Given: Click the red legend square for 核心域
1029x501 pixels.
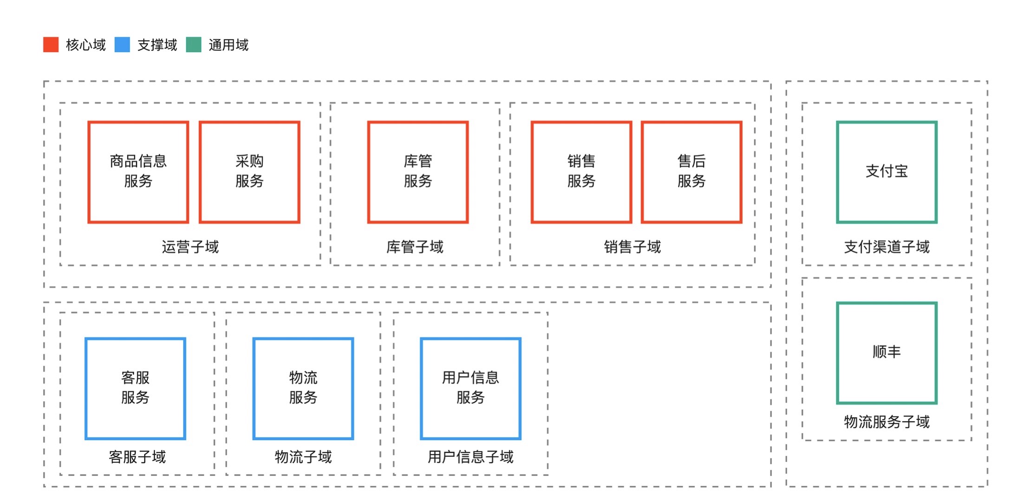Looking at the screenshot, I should pyautogui.click(x=51, y=45).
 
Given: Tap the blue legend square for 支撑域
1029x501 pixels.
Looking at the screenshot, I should pyautogui.click(x=122, y=45).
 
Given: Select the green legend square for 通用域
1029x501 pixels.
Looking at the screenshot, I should pyautogui.click(x=194, y=45).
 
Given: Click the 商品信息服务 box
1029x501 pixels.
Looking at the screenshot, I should pyautogui.click(x=138, y=172).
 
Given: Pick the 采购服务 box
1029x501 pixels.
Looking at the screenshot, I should pyautogui.click(x=249, y=172).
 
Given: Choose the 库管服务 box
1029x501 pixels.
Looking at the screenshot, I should pyautogui.click(x=417, y=172).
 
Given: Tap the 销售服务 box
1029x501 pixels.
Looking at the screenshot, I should pyautogui.click(x=581, y=172).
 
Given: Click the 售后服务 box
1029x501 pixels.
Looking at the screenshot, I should pyautogui.click(x=691, y=172).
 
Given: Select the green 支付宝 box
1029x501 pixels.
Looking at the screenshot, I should pyautogui.click(x=886, y=172).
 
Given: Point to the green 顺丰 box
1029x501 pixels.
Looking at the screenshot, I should pyautogui.click(x=886, y=353).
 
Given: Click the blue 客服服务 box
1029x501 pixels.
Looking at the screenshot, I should pyautogui.click(x=135, y=388).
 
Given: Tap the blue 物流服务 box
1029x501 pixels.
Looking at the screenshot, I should pyautogui.click(x=303, y=388).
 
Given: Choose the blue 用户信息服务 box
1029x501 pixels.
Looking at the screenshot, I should pyautogui.click(x=470, y=388).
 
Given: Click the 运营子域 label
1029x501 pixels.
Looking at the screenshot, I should pyautogui.click(x=190, y=247).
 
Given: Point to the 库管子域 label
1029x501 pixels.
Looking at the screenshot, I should pyautogui.click(x=415, y=247).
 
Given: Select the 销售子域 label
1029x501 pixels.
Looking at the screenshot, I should pyautogui.click(x=632, y=247).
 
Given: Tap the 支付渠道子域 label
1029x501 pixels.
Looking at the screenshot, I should pyautogui.click(x=886, y=247).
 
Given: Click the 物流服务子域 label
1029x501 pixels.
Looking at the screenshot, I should pyautogui.click(x=886, y=422).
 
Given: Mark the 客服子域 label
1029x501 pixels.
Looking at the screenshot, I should pyautogui.click(x=137, y=457).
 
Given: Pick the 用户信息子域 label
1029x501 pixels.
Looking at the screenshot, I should pyautogui.click(x=470, y=457).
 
